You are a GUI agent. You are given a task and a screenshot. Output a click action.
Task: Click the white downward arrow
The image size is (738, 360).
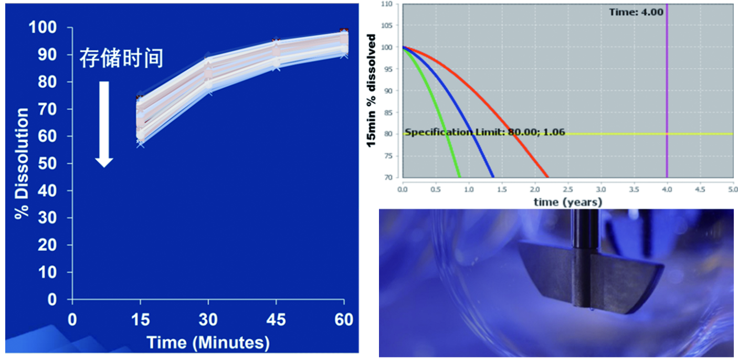pos(104,123)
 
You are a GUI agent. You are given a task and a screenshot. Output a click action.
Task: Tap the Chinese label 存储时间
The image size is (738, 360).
pos(121,58)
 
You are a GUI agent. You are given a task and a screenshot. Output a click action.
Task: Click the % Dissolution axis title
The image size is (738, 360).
pos(22,163)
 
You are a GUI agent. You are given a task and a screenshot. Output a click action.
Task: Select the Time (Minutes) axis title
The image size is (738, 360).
pos(208,343)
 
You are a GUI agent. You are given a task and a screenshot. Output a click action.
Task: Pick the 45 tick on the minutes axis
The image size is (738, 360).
pos(276,320)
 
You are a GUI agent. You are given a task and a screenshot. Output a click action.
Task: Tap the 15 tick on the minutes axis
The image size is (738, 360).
pos(140,320)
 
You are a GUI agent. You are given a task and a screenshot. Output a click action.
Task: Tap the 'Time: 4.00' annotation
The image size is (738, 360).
pos(636,12)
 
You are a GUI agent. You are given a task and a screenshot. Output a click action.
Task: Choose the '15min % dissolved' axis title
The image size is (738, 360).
pos(372,90)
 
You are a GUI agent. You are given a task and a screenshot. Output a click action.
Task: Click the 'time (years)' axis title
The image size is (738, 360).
pos(568,202)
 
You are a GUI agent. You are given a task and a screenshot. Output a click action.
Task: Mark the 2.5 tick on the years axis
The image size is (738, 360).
pos(568,188)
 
